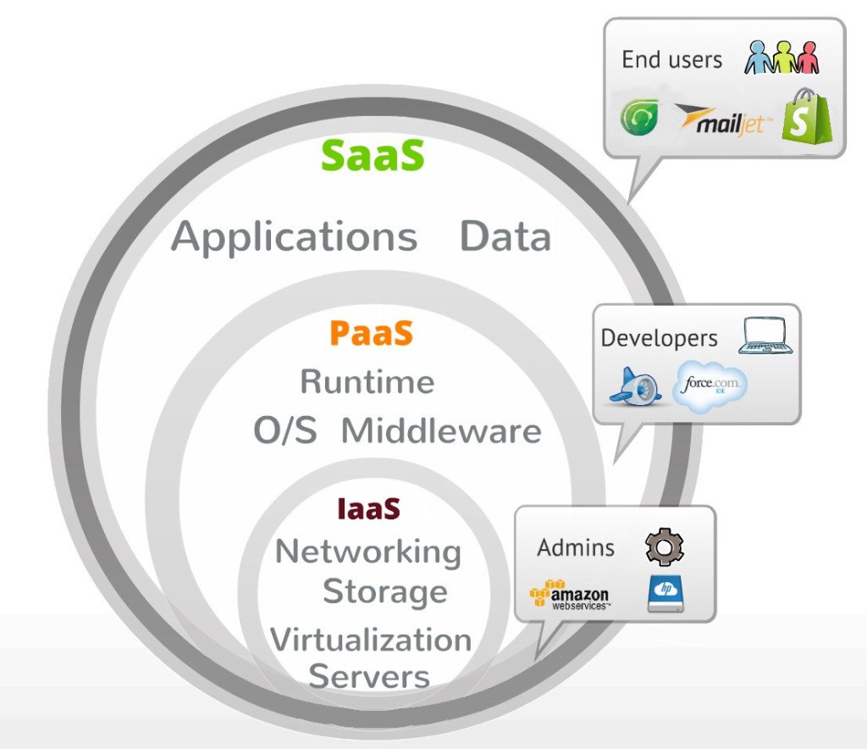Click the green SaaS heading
(373, 156)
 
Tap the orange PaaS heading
(371, 334)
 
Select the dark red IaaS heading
(368, 509)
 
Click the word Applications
(295, 238)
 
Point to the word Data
(505, 238)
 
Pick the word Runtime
(367, 382)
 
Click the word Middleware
(440, 431)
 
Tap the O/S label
(285, 431)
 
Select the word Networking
(367, 552)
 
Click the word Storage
(384, 591)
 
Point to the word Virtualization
(370, 639)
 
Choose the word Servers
(369, 677)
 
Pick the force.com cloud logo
(710, 386)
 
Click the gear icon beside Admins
(665, 547)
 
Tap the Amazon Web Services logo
(569, 596)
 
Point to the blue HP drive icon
(666, 595)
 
